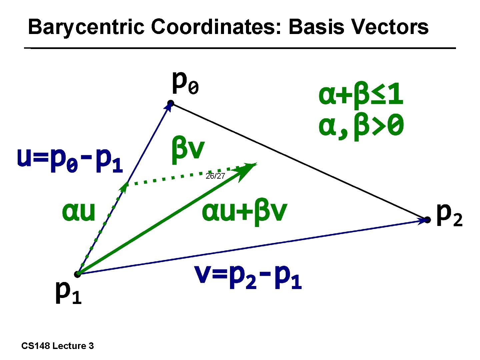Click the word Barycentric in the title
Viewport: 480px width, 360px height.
point(86,27)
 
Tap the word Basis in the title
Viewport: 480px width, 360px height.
point(315,27)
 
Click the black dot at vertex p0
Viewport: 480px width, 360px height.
point(170,103)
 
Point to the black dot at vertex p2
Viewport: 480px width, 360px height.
point(427,220)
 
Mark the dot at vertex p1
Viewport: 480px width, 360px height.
point(77,274)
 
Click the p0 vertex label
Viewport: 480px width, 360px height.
point(185,83)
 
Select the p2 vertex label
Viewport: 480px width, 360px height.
point(449,215)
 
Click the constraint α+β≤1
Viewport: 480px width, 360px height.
point(361,95)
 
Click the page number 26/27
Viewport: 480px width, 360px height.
point(215,176)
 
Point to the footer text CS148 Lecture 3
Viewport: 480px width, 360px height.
point(57,346)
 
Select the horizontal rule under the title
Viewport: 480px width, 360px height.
point(240,48)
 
